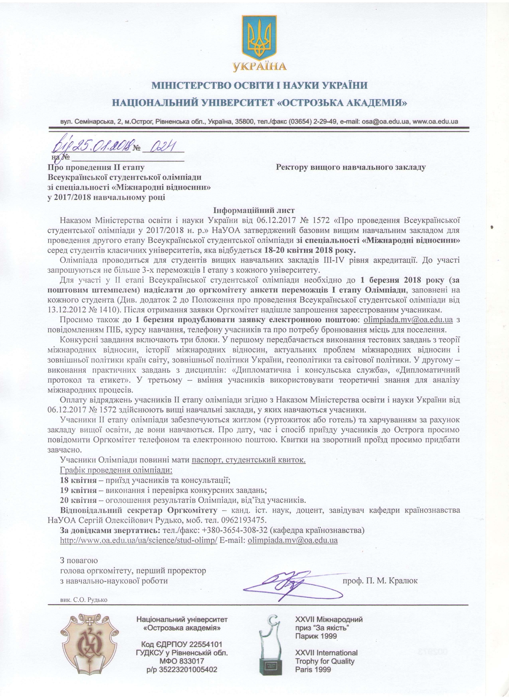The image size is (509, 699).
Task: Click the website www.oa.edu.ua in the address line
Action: [435, 121]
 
